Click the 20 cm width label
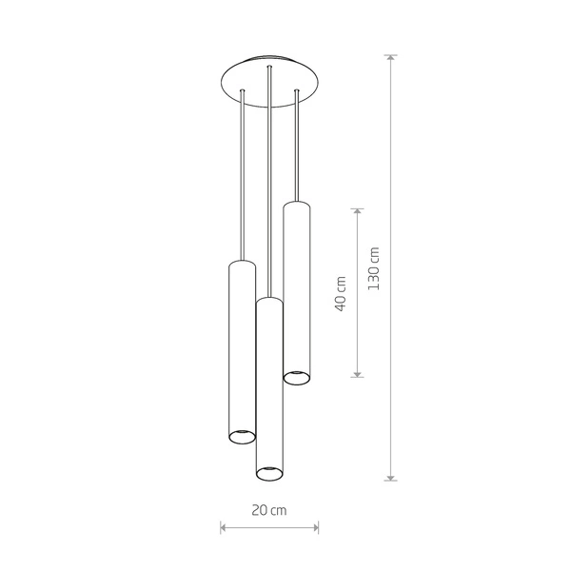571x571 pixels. (269, 510)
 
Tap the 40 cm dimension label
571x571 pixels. (341, 293)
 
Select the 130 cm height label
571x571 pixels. (374, 268)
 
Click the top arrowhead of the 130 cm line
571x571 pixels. (391, 58)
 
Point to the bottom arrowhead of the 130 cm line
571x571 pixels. (391, 478)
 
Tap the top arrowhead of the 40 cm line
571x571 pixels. (357, 212)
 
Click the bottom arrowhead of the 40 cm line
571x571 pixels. (357, 374)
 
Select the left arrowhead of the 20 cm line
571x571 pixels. (224, 527)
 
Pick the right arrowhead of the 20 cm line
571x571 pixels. (315, 527)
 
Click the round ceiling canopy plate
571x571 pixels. (270, 81)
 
